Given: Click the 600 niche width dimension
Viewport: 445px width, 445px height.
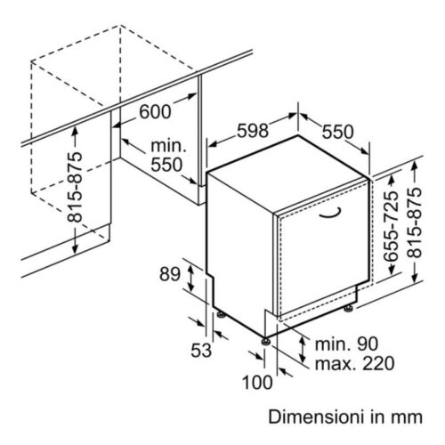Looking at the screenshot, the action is [x=155, y=112].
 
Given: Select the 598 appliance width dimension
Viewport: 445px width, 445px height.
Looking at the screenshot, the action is [x=253, y=131].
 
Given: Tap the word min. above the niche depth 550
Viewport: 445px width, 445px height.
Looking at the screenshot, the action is [x=168, y=146].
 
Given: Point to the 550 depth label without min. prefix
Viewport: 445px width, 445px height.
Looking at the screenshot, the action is [x=338, y=132].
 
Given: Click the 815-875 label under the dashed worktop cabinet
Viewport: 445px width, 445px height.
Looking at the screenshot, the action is [x=75, y=187].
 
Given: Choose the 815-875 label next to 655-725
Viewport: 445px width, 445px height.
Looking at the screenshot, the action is [x=414, y=223].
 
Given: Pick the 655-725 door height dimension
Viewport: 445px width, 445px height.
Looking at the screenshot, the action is [x=391, y=226].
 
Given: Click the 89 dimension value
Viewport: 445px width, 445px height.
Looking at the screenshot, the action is [x=170, y=274].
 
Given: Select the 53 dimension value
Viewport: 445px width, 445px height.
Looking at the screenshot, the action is [x=201, y=350].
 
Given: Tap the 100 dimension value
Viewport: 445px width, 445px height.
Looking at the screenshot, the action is [x=257, y=382].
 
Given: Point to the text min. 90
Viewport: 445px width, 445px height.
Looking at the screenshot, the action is [x=346, y=344].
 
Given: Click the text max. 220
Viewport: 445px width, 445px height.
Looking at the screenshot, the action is [x=355, y=363].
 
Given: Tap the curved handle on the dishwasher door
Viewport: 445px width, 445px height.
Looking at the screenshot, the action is [x=330, y=214].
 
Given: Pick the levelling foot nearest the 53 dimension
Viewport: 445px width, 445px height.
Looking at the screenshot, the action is [x=221, y=314].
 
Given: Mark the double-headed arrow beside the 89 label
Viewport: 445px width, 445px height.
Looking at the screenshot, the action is [x=190, y=279].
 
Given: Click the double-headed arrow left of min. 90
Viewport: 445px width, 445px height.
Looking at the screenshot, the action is [x=303, y=350].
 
